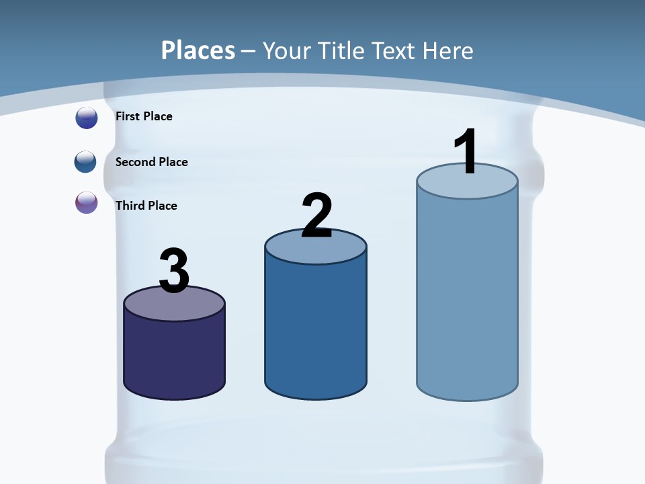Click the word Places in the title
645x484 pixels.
pos(198,50)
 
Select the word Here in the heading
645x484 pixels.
pos(448,50)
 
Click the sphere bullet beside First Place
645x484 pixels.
pos(87,118)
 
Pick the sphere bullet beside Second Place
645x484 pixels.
pos(86,162)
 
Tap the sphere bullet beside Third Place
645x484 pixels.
pos(87,202)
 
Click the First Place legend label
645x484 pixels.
pos(144,116)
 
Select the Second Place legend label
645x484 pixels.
pos(151,162)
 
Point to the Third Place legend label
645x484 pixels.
pos(146,206)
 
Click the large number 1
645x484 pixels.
pos(466,152)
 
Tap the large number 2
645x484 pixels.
pos(316,216)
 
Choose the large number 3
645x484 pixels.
pos(174,271)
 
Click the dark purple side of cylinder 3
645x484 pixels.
pos(174,356)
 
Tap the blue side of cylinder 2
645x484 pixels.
pos(316,329)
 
